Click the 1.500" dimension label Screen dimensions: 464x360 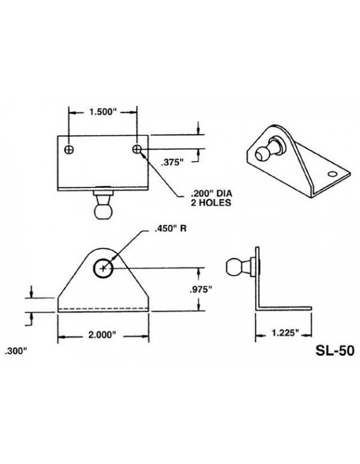coord(103,113)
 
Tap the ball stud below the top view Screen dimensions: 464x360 coord(103,208)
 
